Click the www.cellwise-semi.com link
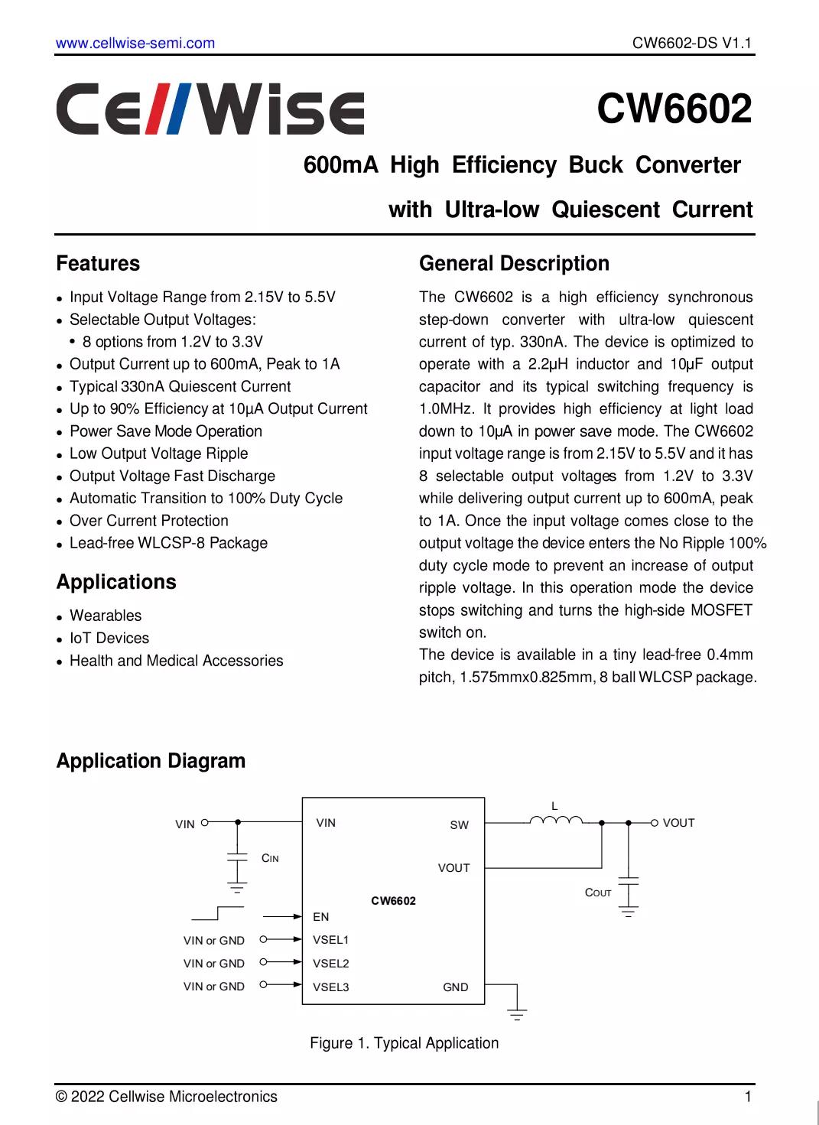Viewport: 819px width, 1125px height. [135, 43]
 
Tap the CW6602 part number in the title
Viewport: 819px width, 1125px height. [674, 109]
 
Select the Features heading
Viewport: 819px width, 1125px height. [98, 264]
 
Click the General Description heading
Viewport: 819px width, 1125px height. [514, 264]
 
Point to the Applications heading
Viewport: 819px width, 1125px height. [116, 582]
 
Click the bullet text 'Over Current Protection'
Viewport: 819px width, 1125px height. [148, 521]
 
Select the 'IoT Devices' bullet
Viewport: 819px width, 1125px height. [109, 638]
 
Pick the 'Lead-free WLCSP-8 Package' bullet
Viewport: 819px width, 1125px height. [168, 543]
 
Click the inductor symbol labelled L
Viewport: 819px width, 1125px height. [556, 820]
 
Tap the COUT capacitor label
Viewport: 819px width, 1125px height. [598, 893]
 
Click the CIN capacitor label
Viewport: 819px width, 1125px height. [270, 858]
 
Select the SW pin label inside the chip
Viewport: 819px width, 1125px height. [459, 825]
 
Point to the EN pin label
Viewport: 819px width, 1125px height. [321, 916]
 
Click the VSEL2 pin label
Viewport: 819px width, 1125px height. [330, 964]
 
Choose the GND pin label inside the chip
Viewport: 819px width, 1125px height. [455, 987]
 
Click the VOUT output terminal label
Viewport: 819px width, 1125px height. [678, 823]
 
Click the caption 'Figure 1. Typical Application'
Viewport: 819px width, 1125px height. [404, 1043]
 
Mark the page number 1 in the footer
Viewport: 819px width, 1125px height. [747, 1097]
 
